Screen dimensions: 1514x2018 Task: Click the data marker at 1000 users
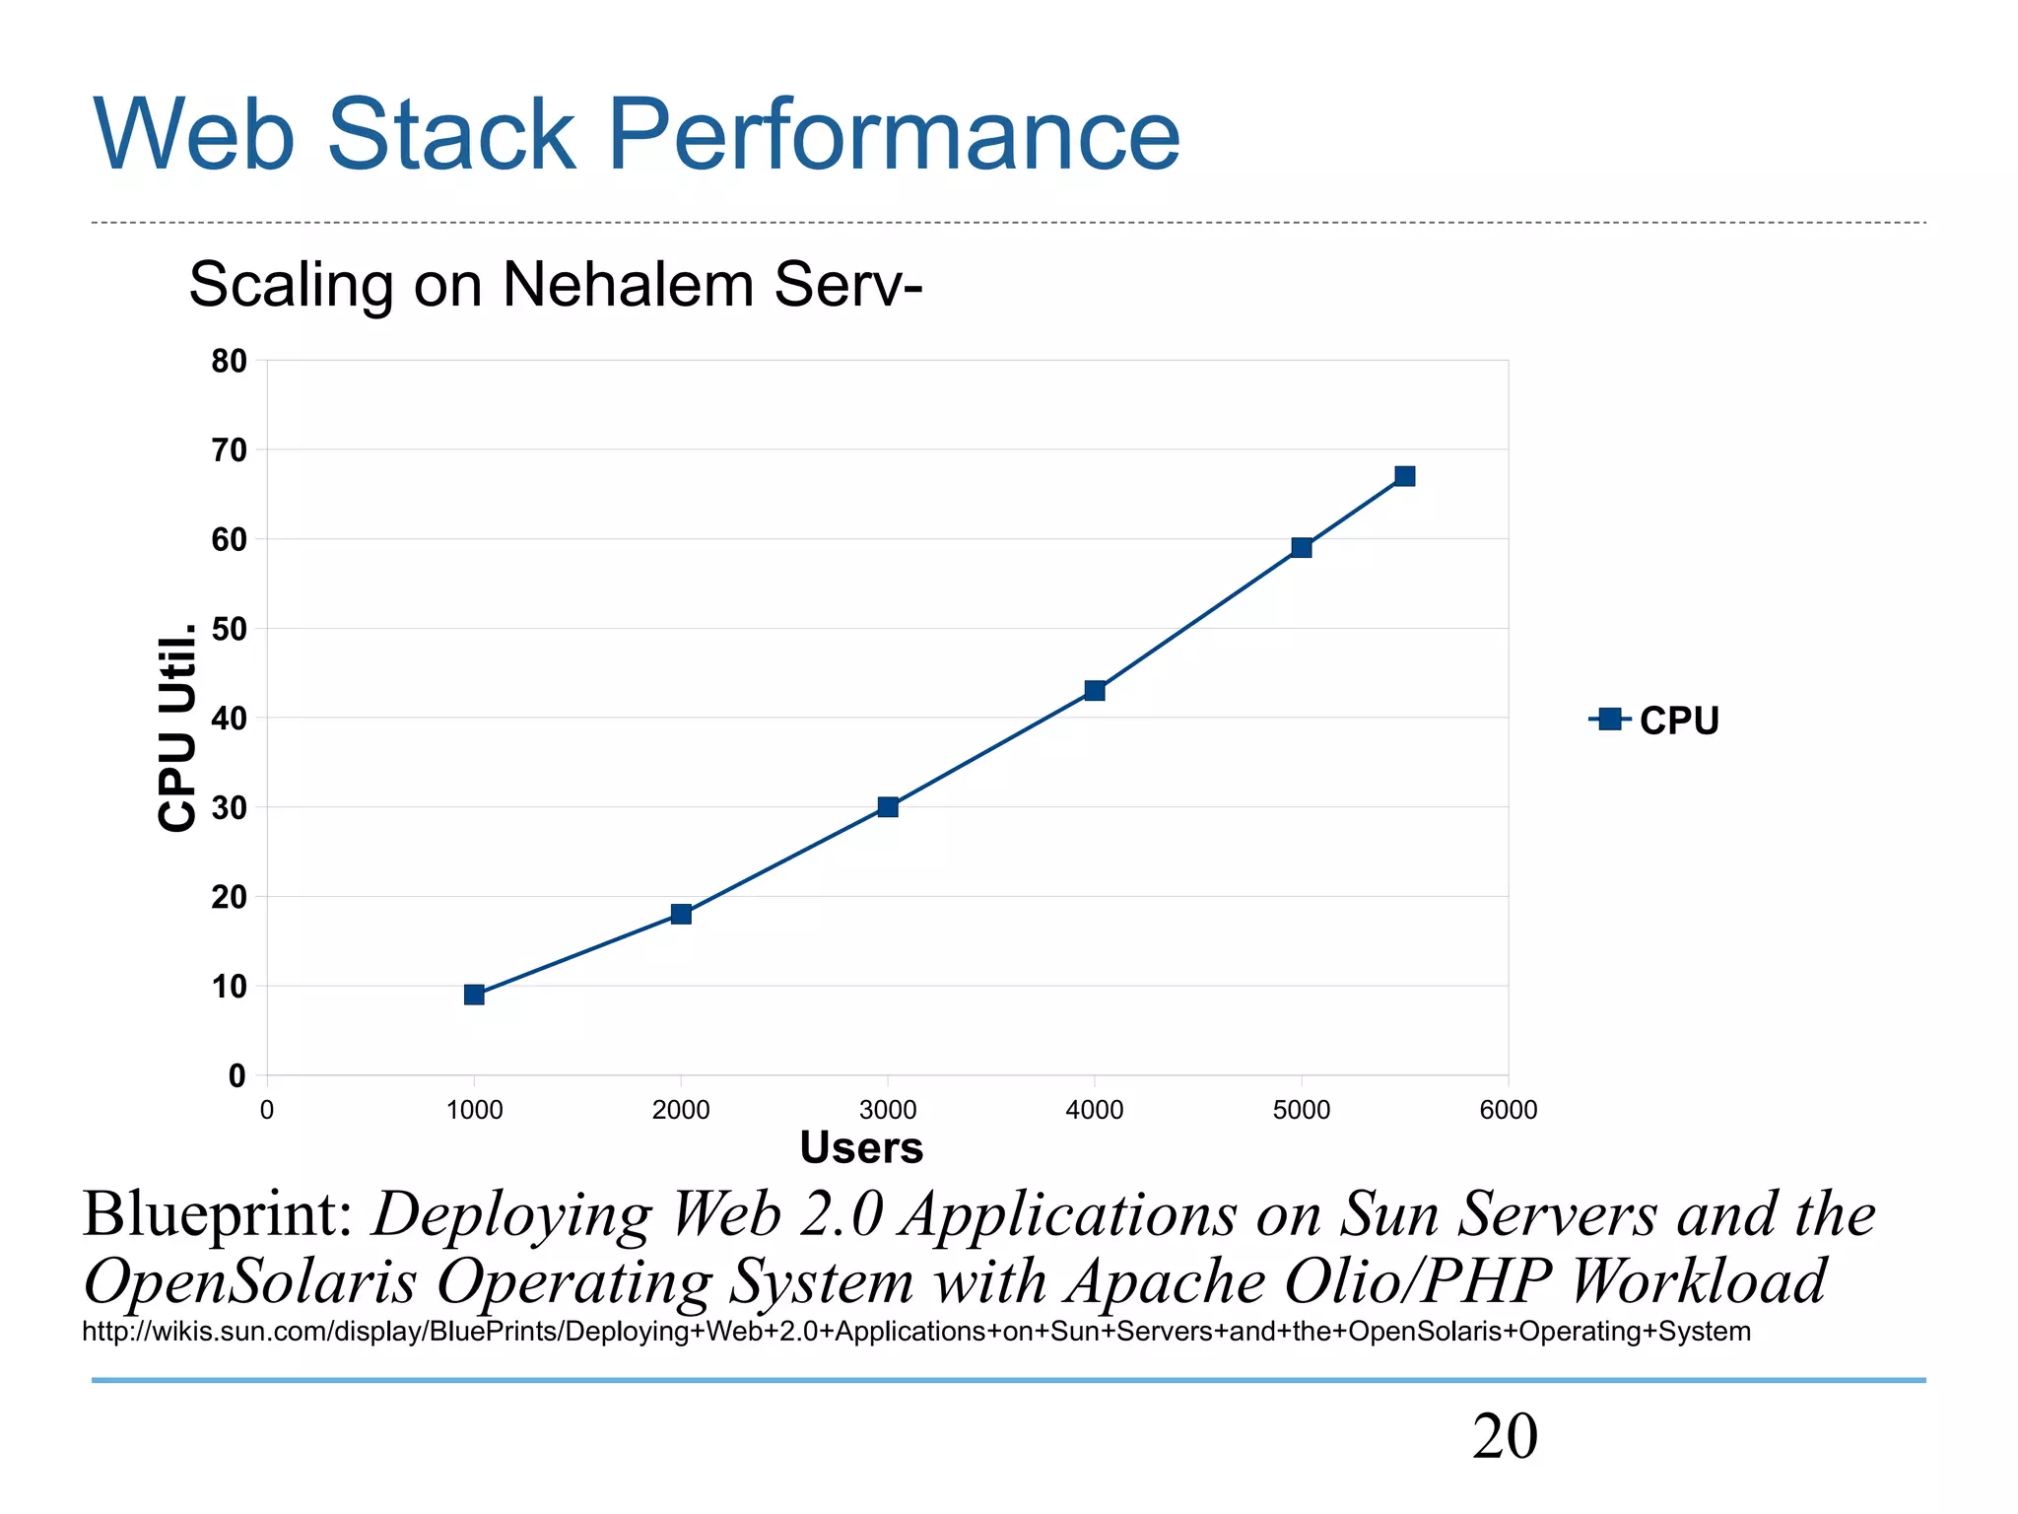click(474, 995)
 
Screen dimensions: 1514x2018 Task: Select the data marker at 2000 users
click(681, 914)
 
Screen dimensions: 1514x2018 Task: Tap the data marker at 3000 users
click(888, 807)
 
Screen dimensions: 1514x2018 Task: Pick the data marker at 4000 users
click(1095, 690)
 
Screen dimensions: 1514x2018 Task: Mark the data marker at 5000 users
click(1302, 547)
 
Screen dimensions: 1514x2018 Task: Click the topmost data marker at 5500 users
click(1405, 476)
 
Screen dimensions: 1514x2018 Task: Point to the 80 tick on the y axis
click(229, 362)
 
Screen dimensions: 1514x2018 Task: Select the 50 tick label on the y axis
click(229, 629)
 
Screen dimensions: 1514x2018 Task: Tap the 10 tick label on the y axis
click(229, 987)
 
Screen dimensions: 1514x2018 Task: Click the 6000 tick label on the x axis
click(1508, 1110)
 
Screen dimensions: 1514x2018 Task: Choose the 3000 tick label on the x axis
click(888, 1110)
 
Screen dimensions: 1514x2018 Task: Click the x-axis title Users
click(861, 1148)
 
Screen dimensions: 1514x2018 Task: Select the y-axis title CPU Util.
click(177, 727)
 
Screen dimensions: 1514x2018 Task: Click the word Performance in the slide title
click(894, 135)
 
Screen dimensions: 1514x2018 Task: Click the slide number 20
click(1504, 1436)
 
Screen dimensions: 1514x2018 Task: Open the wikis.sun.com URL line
click(916, 1332)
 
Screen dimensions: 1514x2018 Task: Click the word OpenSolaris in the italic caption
click(250, 1281)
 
